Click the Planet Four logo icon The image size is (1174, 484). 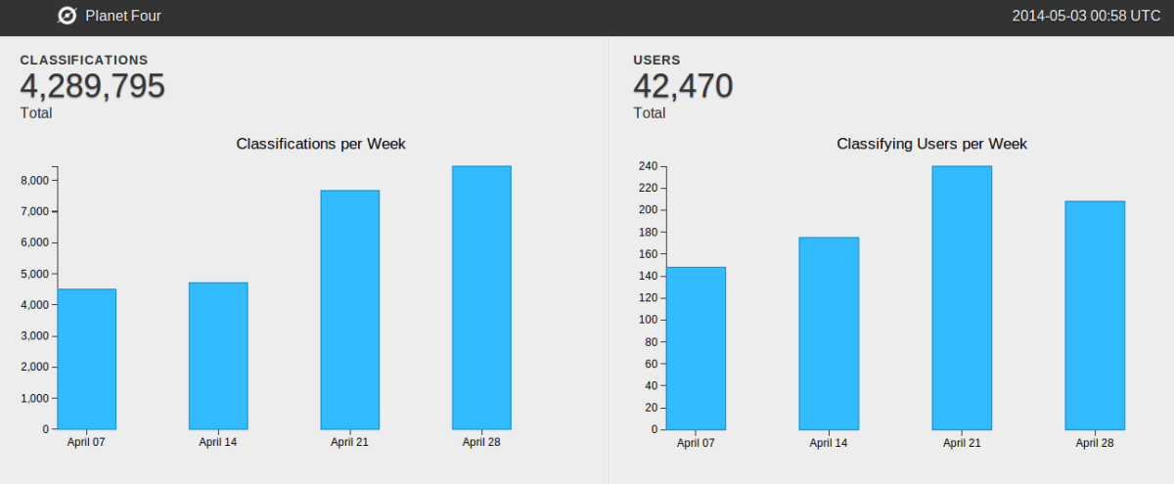click(x=68, y=16)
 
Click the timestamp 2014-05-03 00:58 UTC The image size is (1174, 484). click(x=1086, y=16)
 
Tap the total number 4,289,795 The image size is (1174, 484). click(x=92, y=87)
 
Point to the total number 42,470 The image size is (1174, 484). click(x=683, y=87)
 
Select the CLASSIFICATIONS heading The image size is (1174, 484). click(x=84, y=61)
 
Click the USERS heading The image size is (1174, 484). click(x=656, y=61)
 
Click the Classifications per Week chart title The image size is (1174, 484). click(x=321, y=144)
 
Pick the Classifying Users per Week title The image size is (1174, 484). click(x=931, y=144)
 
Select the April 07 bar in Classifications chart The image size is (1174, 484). click(x=86, y=359)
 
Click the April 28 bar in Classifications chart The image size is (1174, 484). click(x=481, y=297)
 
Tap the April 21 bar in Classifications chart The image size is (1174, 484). click(x=349, y=309)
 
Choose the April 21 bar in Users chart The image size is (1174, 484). click(x=962, y=297)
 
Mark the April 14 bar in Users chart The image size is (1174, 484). click(x=829, y=332)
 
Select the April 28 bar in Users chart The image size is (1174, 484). click(x=1095, y=315)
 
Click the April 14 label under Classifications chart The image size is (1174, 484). click(x=217, y=442)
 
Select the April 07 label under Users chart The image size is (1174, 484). click(x=696, y=443)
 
